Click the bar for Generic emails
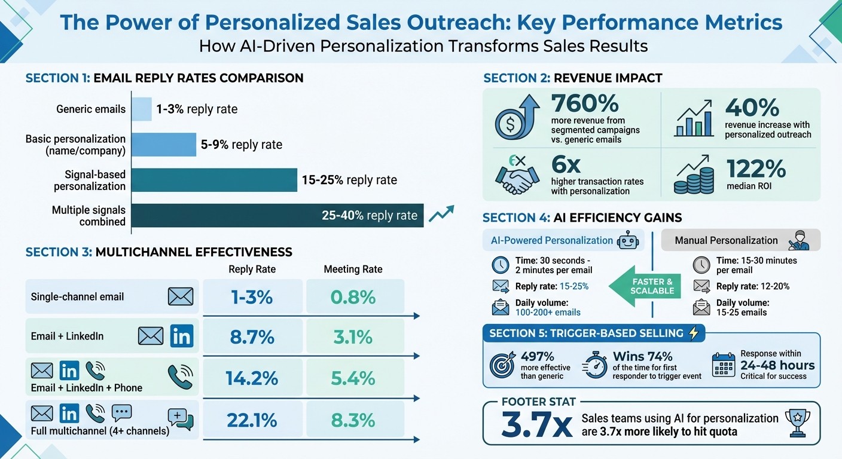pyautogui.click(x=141, y=109)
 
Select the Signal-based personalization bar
pyautogui.click(x=214, y=180)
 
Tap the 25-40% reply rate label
pyautogui.click(x=369, y=216)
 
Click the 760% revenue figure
pyautogui.click(x=585, y=103)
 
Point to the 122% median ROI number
pyautogui.click(x=755, y=169)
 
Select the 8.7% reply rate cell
pyautogui.click(x=252, y=337)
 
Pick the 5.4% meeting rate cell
pyautogui.click(x=353, y=378)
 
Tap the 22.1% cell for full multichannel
pyautogui.click(x=252, y=421)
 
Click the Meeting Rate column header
pyautogui.click(x=353, y=270)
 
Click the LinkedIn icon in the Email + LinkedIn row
pyautogui.click(x=181, y=336)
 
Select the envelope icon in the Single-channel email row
pyautogui.click(x=181, y=296)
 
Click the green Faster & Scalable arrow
pyautogui.click(x=645, y=286)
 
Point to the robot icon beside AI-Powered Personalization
pyautogui.click(x=627, y=241)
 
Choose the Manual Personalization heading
pyautogui.click(x=726, y=240)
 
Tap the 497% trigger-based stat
pyautogui.click(x=538, y=356)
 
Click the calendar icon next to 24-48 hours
pyautogui.click(x=724, y=365)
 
